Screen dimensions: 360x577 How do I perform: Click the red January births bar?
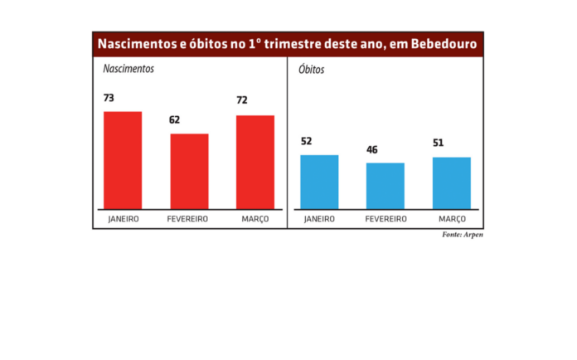[123, 160]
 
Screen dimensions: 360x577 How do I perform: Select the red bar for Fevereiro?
[189, 171]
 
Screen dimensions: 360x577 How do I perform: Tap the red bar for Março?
[255, 162]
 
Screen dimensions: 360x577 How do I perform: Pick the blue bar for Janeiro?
[319, 182]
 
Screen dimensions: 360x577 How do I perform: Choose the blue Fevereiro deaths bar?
[385, 186]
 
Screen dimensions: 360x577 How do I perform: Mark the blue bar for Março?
[452, 182]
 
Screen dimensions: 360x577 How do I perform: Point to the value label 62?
[175, 120]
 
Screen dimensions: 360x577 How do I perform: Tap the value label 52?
[306, 141]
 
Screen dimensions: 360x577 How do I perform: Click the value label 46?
[372, 150]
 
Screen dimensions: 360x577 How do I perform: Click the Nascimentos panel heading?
[128, 69]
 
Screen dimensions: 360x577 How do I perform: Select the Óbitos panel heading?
[312, 70]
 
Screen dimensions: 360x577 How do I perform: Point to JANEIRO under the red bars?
[123, 219]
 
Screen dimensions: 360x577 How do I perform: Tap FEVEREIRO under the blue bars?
[385, 219]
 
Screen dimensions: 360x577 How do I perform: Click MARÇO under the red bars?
[255, 219]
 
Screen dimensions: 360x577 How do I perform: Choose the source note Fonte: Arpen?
[463, 236]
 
